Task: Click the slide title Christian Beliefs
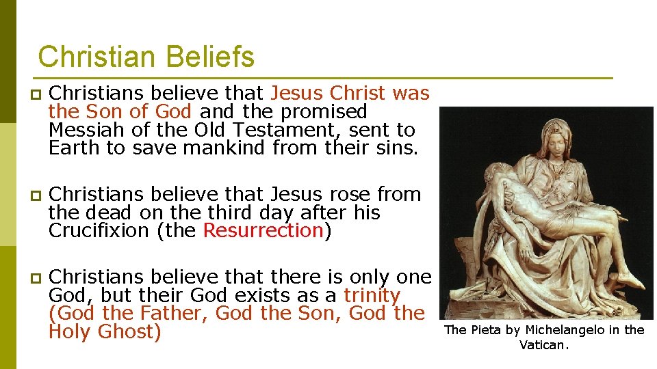tap(146, 57)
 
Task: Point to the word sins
tap(395, 148)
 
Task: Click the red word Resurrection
tap(263, 231)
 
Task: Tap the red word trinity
tap(372, 296)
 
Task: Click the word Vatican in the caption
tap(543, 346)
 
